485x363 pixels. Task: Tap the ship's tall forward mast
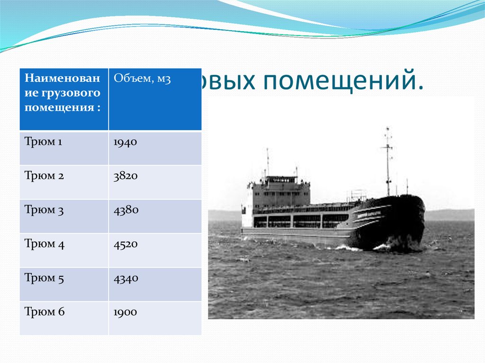388,161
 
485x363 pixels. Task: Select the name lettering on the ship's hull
372,212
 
